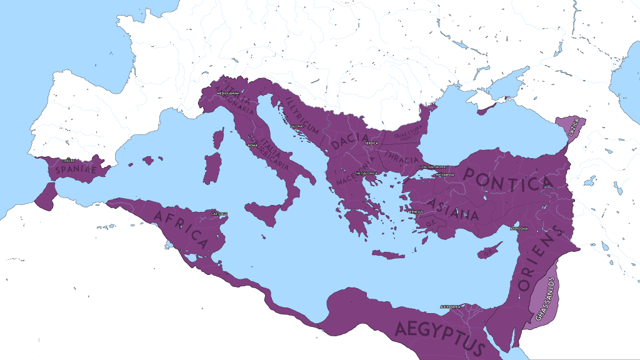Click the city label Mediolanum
227,93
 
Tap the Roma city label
252,145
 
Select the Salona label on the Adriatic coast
297,127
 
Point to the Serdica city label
371,143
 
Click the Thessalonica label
367,173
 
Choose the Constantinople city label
431,167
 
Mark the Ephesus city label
416,212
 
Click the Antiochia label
519,229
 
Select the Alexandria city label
450,307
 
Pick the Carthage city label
219,214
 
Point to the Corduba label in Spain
68,161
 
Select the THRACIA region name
402,156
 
